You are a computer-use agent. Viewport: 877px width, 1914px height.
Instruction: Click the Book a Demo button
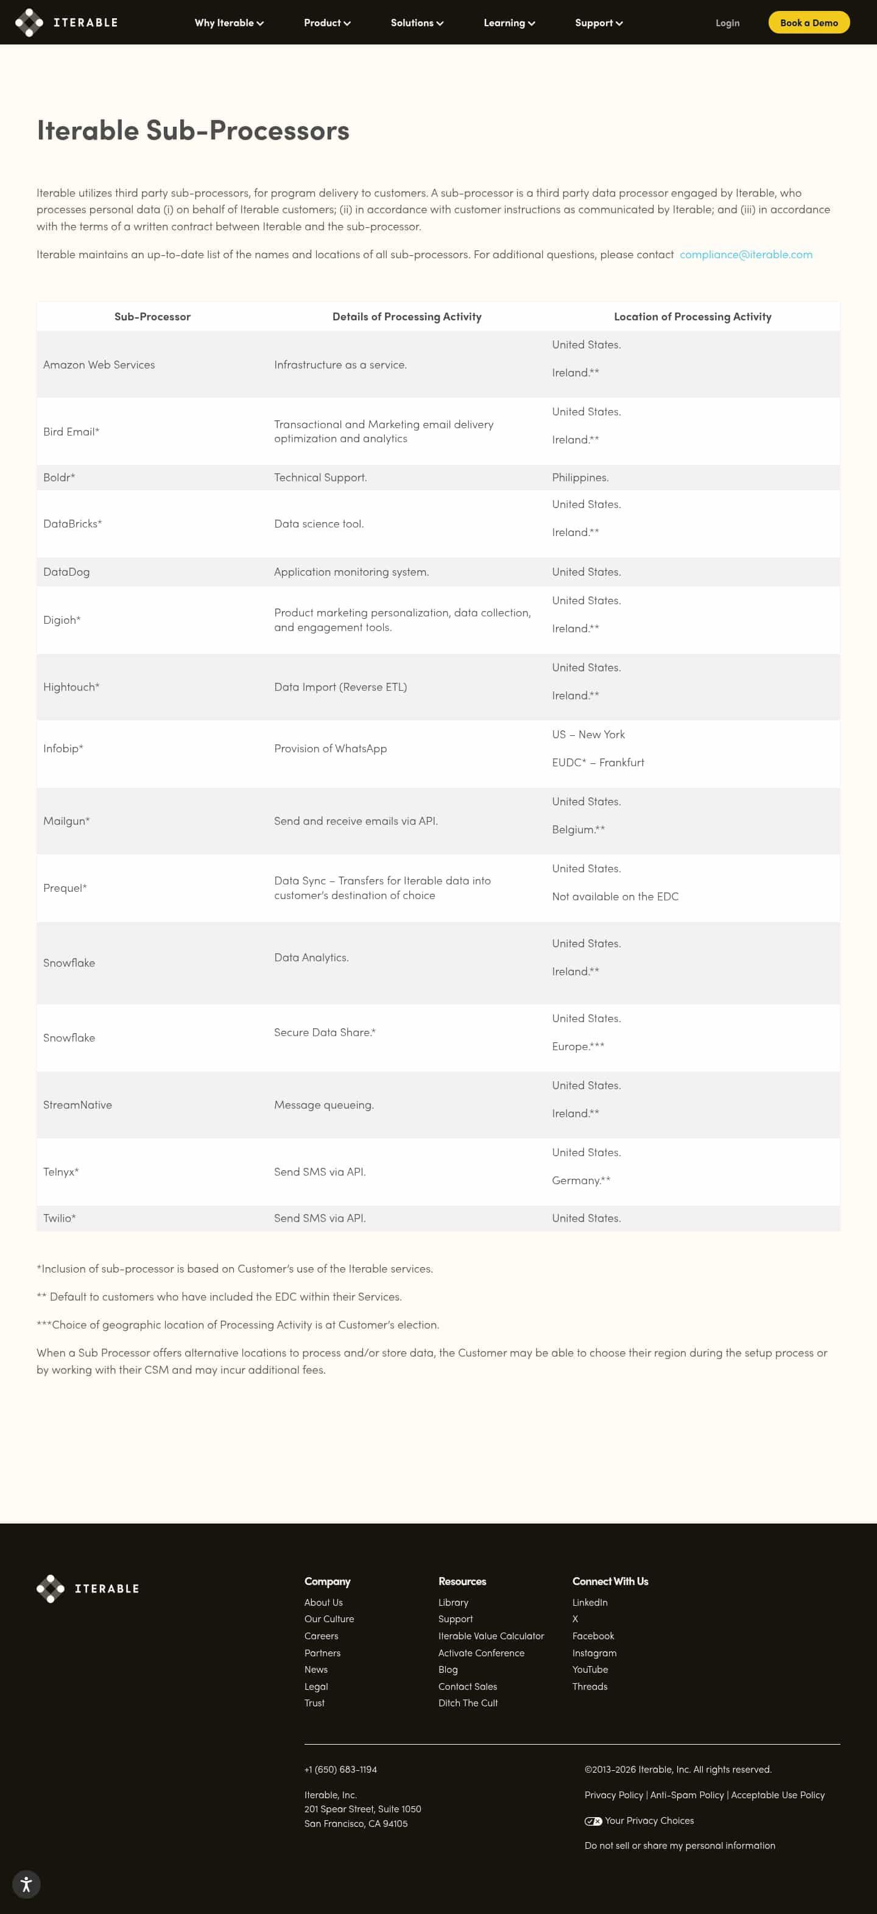tap(808, 23)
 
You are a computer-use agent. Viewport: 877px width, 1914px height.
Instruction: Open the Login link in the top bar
tap(727, 23)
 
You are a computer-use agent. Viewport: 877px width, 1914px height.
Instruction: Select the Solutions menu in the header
tap(417, 23)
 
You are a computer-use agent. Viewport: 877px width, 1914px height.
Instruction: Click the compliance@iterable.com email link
tap(745, 254)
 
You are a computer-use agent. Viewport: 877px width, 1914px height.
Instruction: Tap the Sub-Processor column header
tap(152, 317)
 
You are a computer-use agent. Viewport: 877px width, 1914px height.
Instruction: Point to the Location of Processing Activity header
tap(692, 317)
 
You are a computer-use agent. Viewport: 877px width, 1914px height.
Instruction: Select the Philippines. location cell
tap(580, 477)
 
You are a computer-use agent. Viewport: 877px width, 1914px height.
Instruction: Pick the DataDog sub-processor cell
tap(67, 571)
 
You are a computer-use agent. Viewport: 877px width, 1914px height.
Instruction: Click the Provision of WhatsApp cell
tap(331, 748)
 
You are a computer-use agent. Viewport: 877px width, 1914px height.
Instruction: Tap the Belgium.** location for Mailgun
tap(578, 829)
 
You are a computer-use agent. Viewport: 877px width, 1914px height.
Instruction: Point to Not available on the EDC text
tap(615, 896)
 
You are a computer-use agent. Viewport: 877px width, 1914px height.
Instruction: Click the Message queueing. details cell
tap(324, 1105)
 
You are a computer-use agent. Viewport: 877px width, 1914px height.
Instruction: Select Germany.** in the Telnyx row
tap(580, 1180)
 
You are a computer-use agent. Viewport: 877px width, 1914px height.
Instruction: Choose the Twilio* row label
tap(60, 1218)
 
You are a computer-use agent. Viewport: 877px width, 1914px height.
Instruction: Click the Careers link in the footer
tap(321, 1636)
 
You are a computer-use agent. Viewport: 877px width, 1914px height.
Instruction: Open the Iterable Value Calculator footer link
tap(491, 1636)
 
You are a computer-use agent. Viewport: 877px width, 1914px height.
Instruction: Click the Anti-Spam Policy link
tap(687, 1795)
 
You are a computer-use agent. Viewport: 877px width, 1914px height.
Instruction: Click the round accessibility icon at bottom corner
tap(26, 1884)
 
